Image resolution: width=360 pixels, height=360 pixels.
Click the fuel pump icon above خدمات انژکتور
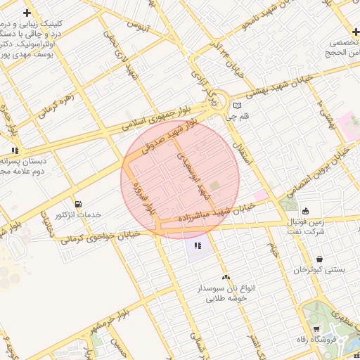[x=77, y=204]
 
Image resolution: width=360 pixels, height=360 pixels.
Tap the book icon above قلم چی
[x=237, y=106]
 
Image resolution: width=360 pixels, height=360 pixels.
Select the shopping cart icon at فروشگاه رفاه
[x=316, y=329]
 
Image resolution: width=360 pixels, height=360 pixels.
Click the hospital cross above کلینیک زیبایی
[x=27, y=13]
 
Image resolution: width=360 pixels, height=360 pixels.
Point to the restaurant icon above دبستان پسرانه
[x=15, y=150]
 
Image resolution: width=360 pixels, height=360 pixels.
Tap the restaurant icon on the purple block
[x=198, y=245]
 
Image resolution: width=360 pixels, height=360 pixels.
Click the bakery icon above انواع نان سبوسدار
[x=226, y=278]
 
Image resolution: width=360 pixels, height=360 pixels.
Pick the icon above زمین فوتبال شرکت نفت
[x=305, y=210]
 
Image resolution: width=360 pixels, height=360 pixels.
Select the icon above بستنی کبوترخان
[x=320, y=259]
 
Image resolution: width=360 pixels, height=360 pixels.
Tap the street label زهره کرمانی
[x=58, y=103]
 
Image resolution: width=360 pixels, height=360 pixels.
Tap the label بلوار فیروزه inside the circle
[x=149, y=200]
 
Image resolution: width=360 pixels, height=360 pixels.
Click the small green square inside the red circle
[x=215, y=186]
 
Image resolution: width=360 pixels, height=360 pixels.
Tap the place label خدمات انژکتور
[x=78, y=214]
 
